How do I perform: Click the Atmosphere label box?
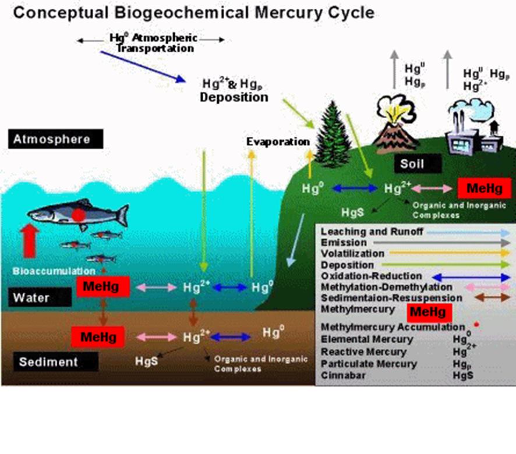56,139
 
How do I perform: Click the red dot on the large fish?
79,214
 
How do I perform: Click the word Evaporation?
278,141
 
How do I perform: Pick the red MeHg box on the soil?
485,188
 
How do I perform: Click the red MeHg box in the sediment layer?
98,336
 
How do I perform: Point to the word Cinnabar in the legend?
343,375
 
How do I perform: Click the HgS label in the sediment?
146,361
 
